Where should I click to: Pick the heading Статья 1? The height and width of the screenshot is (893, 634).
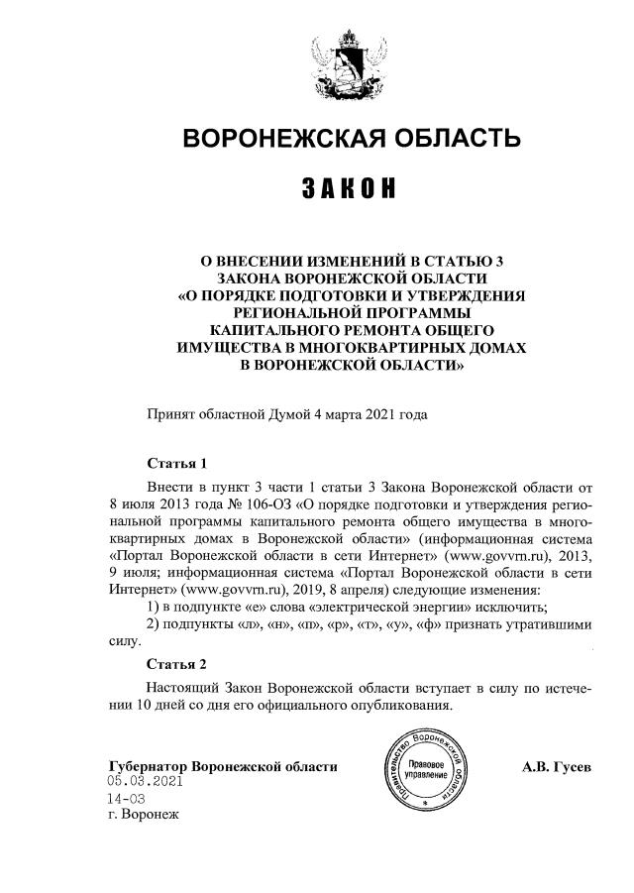click(x=176, y=463)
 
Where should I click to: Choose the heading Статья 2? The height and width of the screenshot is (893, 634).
click(x=176, y=664)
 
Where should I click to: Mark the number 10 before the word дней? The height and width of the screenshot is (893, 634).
click(x=143, y=706)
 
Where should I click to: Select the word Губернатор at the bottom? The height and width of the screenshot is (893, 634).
click(x=148, y=767)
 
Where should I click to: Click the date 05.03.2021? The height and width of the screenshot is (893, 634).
click(x=146, y=782)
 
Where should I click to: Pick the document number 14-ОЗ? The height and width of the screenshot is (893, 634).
click(x=127, y=799)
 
